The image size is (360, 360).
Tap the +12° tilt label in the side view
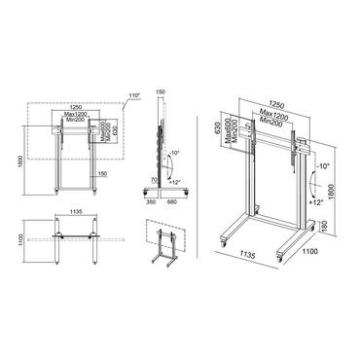pyautogui.click(x=175, y=179)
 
